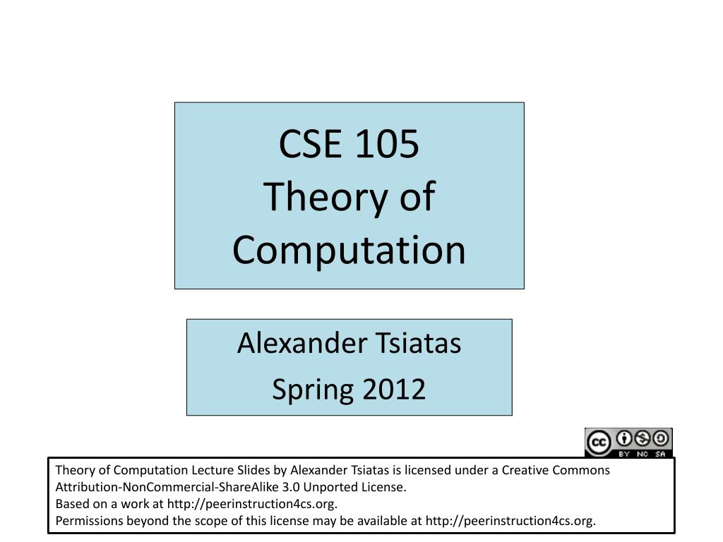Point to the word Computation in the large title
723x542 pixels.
pyautogui.click(x=349, y=251)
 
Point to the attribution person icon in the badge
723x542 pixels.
pyautogui.click(x=624, y=438)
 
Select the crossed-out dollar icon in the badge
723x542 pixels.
pyautogui.click(x=643, y=438)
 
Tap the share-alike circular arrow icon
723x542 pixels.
pyautogui.click(x=661, y=438)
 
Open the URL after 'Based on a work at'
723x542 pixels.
pyautogui.click(x=252, y=504)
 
